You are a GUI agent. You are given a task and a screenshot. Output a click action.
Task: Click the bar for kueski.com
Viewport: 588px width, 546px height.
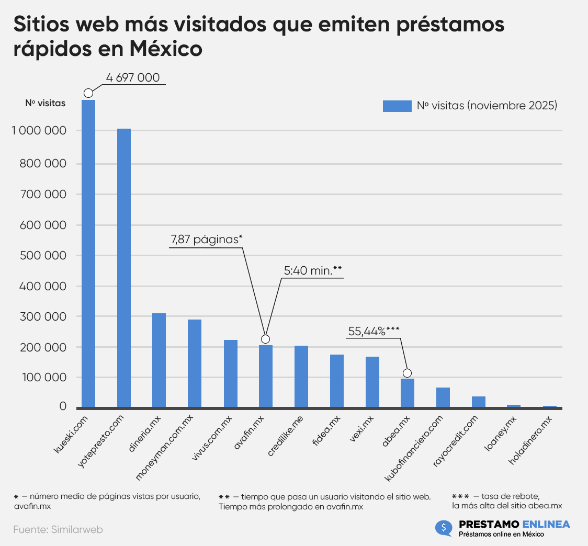88,253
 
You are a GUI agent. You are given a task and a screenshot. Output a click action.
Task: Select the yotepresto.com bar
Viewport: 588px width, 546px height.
124,268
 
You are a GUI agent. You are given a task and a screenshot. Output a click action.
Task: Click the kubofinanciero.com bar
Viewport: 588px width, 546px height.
443,397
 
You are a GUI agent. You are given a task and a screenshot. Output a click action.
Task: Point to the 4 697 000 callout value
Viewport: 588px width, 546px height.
132,78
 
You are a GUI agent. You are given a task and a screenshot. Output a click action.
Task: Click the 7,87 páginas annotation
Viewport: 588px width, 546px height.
206,240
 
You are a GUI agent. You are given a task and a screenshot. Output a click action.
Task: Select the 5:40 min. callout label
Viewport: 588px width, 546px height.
313,270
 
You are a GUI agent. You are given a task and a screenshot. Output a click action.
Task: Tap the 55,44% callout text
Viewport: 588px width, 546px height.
374,331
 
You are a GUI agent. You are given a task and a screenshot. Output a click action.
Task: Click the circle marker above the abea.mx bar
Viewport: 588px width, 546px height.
407,373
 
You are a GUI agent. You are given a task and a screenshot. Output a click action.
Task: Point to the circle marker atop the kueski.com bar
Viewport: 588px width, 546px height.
88,93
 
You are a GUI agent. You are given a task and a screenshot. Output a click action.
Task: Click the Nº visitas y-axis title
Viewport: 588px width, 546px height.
46,103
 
